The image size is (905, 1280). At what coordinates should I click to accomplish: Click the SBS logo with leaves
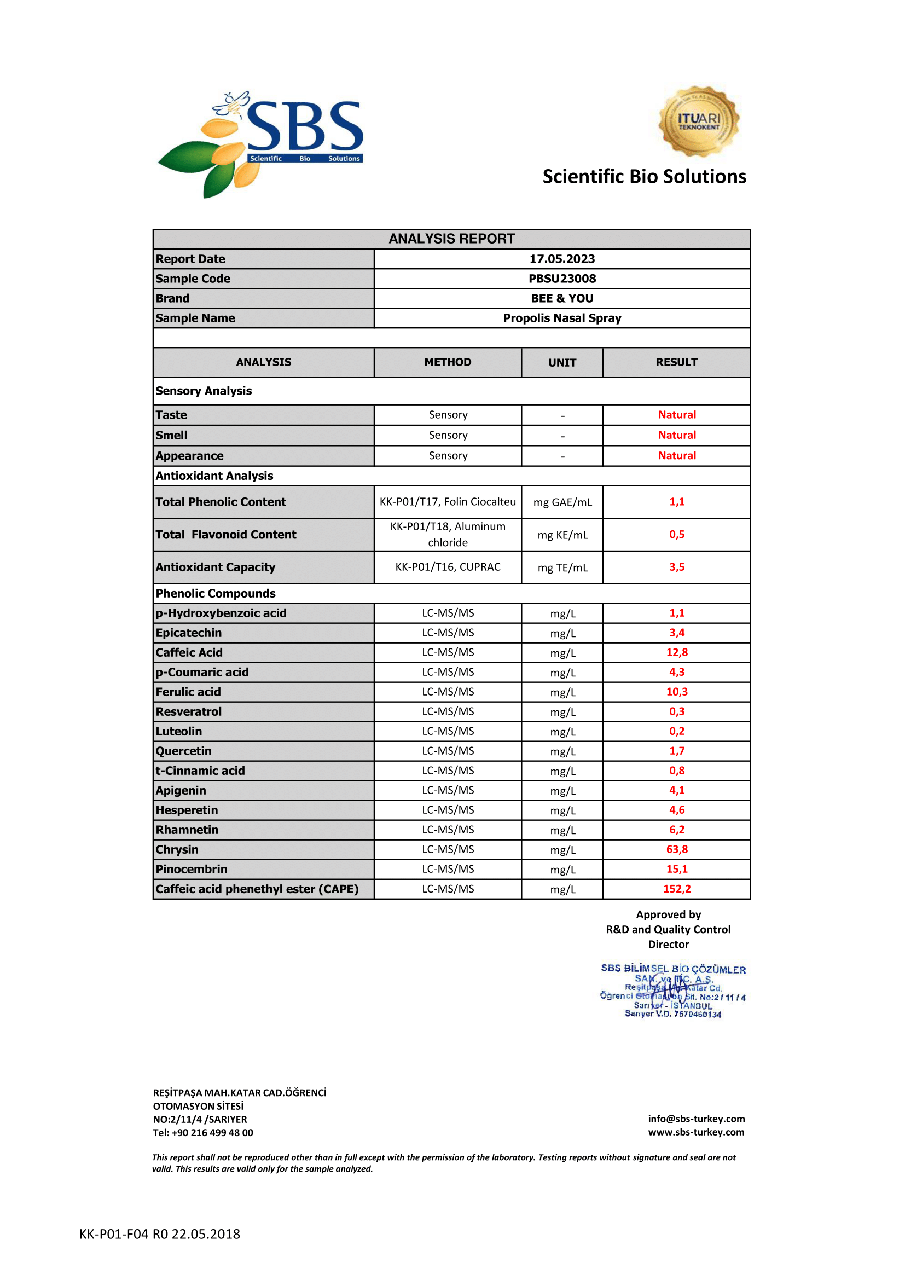pyautogui.click(x=260, y=143)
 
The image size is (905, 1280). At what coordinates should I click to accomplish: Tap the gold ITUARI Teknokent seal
pyautogui.click(x=698, y=121)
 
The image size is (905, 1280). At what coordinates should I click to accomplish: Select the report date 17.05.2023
pyautogui.click(x=562, y=259)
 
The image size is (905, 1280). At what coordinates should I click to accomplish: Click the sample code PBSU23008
pyautogui.click(x=562, y=279)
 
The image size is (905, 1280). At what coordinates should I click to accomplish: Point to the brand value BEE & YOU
pyautogui.click(x=562, y=298)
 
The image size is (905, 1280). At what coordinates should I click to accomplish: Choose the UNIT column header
pyautogui.click(x=562, y=362)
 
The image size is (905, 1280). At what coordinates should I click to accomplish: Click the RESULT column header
pyautogui.click(x=676, y=362)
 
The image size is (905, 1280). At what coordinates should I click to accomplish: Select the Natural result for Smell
pyautogui.click(x=676, y=435)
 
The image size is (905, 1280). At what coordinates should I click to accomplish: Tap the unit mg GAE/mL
pyautogui.click(x=562, y=502)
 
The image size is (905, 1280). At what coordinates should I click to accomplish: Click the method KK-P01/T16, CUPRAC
pyautogui.click(x=448, y=567)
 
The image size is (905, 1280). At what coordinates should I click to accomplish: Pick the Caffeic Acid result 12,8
pyautogui.click(x=676, y=652)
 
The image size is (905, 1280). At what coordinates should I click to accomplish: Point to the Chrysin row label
pyautogui.click(x=177, y=850)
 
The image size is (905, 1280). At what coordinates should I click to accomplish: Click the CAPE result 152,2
pyautogui.click(x=676, y=889)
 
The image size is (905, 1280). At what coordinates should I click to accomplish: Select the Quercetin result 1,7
pyautogui.click(x=676, y=751)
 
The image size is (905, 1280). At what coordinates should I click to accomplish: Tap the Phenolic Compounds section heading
pyautogui.click(x=216, y=593)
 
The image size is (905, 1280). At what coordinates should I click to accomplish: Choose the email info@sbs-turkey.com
pyautogui.click(x=695, y=1119)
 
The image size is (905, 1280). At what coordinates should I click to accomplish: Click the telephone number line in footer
pyautogui.click(x=203, y=1133)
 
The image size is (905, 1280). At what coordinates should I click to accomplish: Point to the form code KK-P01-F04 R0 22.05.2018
pyautogui.click(x=159, y=1233)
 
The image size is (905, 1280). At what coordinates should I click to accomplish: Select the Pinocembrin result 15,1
pyautogui.click(x=676, y=869)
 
